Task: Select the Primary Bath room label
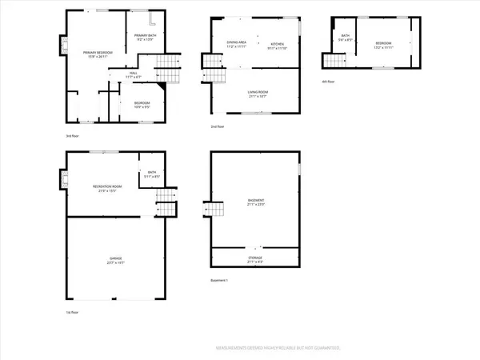145,38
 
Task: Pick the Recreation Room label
102,189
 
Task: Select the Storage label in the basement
255,259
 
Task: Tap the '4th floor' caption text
329,82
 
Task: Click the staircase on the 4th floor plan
330,61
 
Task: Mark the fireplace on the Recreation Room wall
62,180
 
